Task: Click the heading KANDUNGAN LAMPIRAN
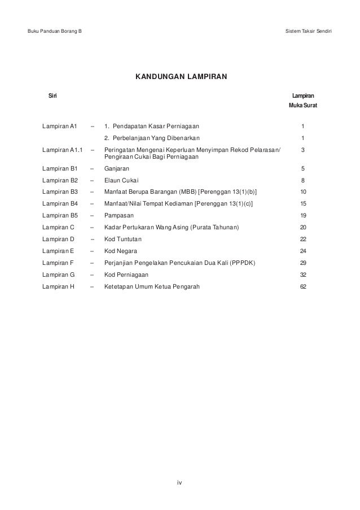click(x=180, y=76)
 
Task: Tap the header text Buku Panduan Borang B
click(x=54, y=29)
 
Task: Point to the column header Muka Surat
click(x=303, y=105)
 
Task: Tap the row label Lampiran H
click(x=58, y=286)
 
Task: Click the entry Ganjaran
click(x=117, y=168)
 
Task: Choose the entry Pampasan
click(x=119, y=215)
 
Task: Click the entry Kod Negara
click(x=120, y=251)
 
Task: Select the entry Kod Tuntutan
click(x=122, y=239)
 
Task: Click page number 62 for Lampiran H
click(x=304, y=286)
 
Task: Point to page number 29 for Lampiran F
click(x=304, y=263)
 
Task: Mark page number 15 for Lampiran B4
click(x=304, y=203)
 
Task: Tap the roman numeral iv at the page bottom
click(x=180, y=482)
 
